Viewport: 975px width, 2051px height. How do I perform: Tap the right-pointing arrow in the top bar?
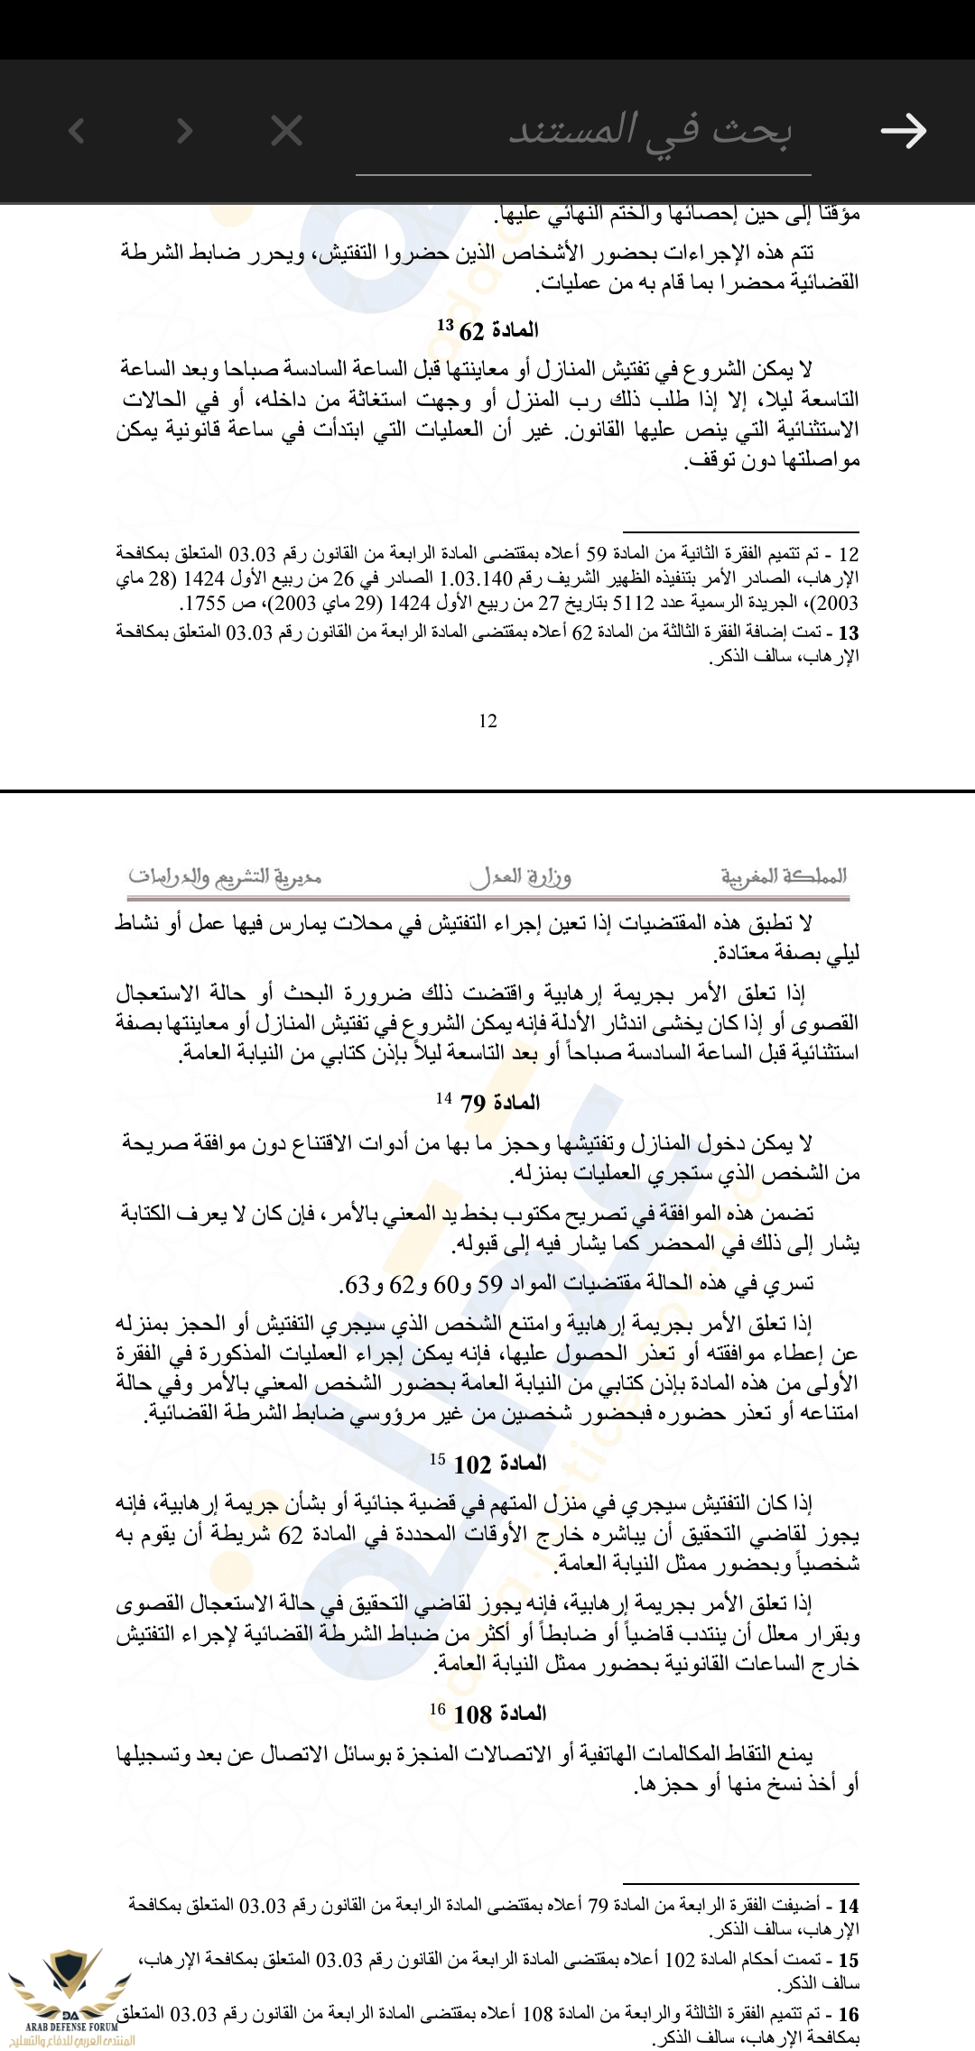904,131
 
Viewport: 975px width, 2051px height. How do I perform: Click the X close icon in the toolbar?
287,132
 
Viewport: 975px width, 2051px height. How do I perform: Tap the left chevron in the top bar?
78,132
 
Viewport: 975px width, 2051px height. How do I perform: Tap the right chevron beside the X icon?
185,132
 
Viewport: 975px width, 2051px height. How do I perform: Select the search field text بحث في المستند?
650,132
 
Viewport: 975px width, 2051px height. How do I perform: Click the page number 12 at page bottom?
487,720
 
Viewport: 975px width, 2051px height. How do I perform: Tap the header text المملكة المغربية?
784,876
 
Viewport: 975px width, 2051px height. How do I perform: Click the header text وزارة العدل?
520,876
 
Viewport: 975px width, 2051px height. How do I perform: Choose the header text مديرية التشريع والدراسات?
225,876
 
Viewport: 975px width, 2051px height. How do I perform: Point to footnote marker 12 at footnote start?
848,553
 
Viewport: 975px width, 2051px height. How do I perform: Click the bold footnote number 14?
849,1907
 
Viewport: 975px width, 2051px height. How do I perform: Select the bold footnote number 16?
849,2014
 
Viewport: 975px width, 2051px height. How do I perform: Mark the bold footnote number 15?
849,1961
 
